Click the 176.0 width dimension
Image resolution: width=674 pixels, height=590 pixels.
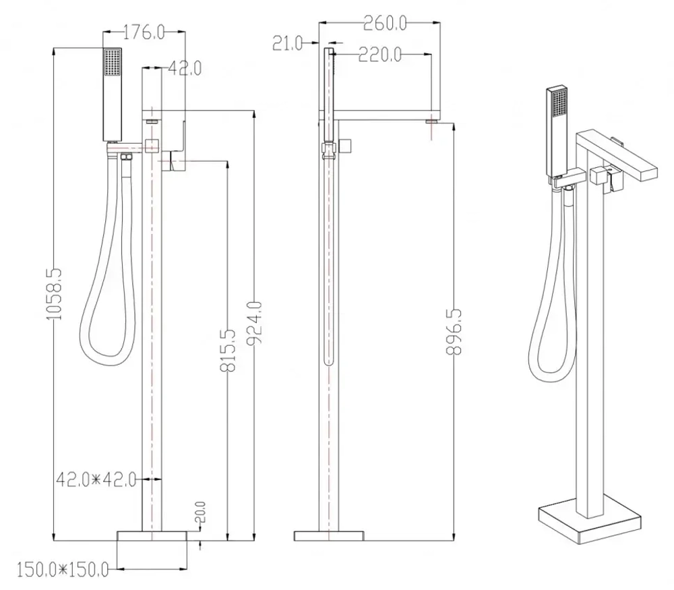tap(144, 32)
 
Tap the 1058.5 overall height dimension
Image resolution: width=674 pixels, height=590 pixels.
tap(54, 294)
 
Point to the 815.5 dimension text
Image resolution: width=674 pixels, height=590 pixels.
tap(228, 350)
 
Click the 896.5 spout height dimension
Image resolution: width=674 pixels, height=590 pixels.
tap(454, 331)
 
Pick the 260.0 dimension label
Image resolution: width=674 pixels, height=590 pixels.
tap(385, 23)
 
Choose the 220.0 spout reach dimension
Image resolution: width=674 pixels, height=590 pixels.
tap(380, 55)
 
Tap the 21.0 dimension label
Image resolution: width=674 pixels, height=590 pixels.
tap(288, 43)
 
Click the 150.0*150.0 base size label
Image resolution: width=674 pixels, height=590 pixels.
tap(63, 570)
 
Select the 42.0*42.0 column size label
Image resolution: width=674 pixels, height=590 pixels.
tap(96, 479)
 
